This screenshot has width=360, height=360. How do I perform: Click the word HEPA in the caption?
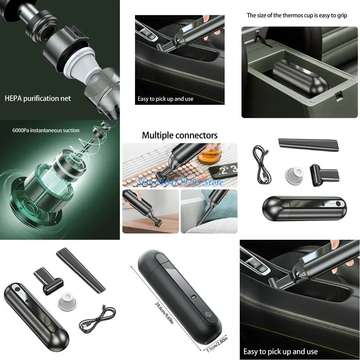pyautogui.click(x=13, y=98)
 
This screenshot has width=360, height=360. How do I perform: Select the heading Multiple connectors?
pyautogui.click(x=179, y=135)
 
